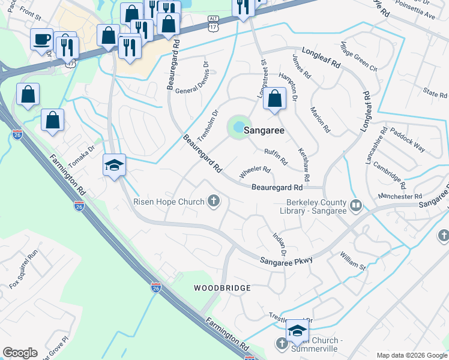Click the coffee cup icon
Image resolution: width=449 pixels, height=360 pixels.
(x=41, y=40)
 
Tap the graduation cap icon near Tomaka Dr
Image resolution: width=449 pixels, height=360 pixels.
(x=113, y=164)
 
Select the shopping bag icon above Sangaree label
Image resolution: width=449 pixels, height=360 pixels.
(x=274, y=98)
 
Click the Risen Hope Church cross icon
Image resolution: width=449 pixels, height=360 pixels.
(x=214, y=201)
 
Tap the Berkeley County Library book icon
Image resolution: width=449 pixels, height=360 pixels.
(x=356, y=206)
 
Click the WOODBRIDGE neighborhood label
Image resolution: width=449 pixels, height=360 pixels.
(x=222, y=288)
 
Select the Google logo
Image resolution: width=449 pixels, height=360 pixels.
(x=20, y=353)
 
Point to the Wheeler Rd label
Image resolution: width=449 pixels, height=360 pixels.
(x=255, y=172)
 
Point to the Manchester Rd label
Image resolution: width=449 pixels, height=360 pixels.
(x=400, y=196)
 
